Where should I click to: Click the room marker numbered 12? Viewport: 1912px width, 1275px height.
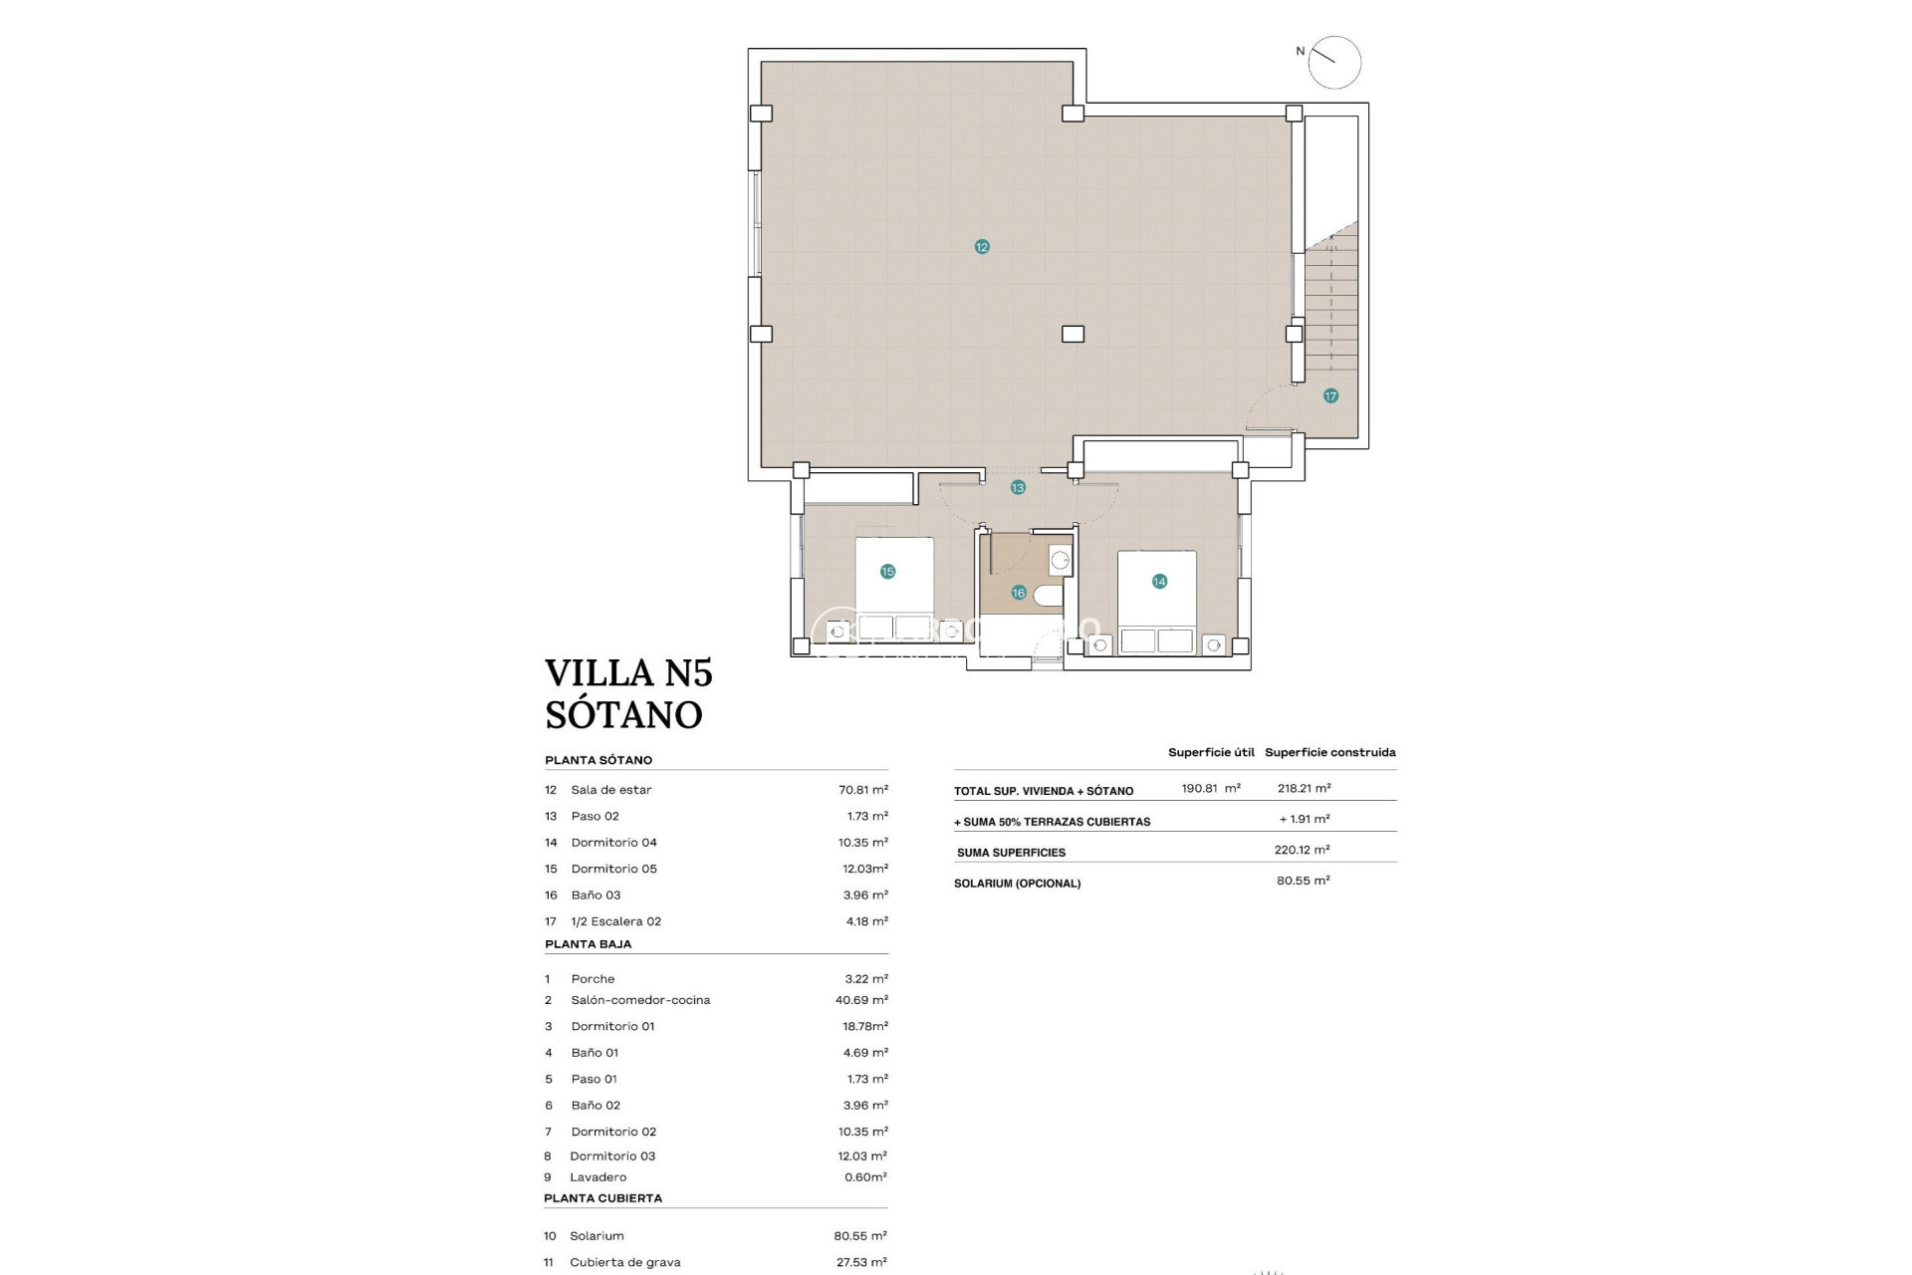coord(982,247)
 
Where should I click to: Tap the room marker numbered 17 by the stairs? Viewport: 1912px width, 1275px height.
coord(1330,396)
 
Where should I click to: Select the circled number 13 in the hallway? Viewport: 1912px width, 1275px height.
coord(1018,488)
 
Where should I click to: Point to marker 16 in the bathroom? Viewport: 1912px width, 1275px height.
coord(1018,593)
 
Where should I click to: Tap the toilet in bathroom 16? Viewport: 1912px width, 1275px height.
coord(1048,596)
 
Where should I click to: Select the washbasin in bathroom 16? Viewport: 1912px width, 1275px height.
coord(1060,561)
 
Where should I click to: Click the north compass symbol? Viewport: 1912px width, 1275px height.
coord(1333,63)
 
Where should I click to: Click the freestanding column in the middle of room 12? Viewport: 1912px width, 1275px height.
coord(1073,335)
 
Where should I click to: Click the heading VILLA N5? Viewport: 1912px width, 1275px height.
coord(628,673)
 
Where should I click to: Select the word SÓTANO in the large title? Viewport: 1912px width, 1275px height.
coord(623,714)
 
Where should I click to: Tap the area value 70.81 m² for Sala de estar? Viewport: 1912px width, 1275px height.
coord(862,790)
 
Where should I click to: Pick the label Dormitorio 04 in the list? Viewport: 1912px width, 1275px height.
coord(613,843)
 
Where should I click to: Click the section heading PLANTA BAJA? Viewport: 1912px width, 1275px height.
coord(588,944)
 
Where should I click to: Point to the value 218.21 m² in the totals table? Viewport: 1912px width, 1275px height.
coord(1304,788)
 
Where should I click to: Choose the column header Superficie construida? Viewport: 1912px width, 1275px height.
coord(1329,753)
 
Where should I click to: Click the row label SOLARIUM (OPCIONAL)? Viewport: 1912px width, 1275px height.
coord(1017,884)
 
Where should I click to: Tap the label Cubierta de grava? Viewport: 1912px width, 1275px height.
coord(624,1262)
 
